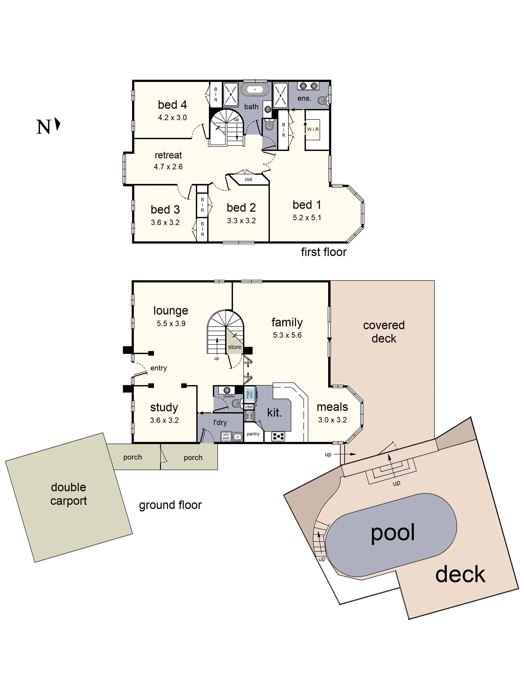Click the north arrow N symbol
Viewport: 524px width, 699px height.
click(x=47, y=126)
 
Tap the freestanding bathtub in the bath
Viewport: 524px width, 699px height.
click(x=255, y=89)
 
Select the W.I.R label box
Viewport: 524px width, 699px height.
click(x=313, y=129)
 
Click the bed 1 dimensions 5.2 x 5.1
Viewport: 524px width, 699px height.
click(x=307, y=218)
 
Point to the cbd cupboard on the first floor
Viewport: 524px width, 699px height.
click(x=248, y=179)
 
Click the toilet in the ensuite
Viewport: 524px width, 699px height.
click(x=323, y=100)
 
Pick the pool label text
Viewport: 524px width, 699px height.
click(x=393, y=533)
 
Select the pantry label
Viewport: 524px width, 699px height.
click(x=253, y=434)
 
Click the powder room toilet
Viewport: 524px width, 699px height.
click(x=236, y=403)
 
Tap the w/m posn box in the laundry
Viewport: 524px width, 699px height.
click(x=226, y=436)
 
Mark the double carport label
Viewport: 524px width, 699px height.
click(x=69, y=494)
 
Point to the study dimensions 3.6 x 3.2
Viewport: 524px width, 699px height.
click(x=164, y=420)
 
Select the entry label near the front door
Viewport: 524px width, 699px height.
click(x=159, y=368)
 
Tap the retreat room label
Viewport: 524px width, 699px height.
click(x=168, y=155)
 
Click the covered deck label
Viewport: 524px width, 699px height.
click(x=384, y=332)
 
